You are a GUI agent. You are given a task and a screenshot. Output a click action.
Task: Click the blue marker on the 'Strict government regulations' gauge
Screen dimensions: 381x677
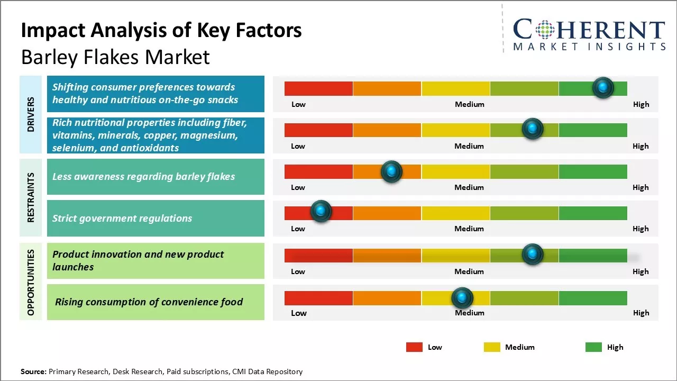pyautogui.click(x=321, y=211)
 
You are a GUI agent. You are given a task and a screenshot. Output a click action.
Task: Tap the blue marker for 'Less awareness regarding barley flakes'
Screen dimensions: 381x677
pyautogui.click(x=391, y=171)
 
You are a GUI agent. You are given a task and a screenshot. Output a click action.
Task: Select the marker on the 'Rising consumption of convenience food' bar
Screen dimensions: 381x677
pyautogui.click(x=462, y=298)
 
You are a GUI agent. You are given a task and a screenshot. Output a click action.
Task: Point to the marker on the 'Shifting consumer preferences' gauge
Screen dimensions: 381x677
pyautogui.click(x=603, y=87)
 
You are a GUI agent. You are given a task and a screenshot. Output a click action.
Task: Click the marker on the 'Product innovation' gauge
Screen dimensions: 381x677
pyautogui.click(x=533, y=254)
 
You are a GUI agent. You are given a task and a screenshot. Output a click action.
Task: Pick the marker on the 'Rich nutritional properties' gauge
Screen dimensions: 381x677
pyautogui.click(x=533, y=129)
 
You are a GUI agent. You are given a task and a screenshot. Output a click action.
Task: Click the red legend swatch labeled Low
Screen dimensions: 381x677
pyautogui.click(x=414, y=347)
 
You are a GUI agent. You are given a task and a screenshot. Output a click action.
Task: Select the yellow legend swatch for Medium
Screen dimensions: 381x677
pyautogui.click(x=492, y=347)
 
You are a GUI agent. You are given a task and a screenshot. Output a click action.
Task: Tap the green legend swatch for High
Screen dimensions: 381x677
pyautogui.click(x=593, y=347)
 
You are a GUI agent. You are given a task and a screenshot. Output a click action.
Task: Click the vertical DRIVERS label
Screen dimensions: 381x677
pyautogui.click(x=30, y=114)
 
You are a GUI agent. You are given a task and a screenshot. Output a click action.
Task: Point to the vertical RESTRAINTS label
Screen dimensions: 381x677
pyautogui.click(x=30, y=197)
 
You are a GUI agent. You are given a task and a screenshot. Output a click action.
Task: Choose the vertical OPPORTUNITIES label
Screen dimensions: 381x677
pyautogui.click(x=30, y=282)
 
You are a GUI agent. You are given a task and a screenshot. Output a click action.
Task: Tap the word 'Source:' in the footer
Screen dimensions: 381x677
pyautogui.click(x=33, y=371)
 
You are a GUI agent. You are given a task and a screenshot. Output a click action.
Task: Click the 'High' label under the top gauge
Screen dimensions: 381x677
pyautogui.click(x=641, y=104)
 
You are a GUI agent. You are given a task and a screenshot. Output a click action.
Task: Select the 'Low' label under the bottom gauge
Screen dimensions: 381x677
pyautogui.click(x=298, y=313)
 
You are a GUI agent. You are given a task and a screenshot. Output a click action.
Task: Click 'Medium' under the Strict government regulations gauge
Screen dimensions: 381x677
pyautogui.click(x=469, y=229)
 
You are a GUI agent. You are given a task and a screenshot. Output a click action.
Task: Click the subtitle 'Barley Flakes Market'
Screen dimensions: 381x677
pyautogui.click(x=115, y=57)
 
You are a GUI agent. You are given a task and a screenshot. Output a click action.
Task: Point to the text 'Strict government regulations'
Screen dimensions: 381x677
pyautogui.click(x=122, y=218)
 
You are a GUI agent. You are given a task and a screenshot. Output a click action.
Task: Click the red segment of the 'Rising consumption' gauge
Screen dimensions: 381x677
pyautogui.click(x=318, y=298)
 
